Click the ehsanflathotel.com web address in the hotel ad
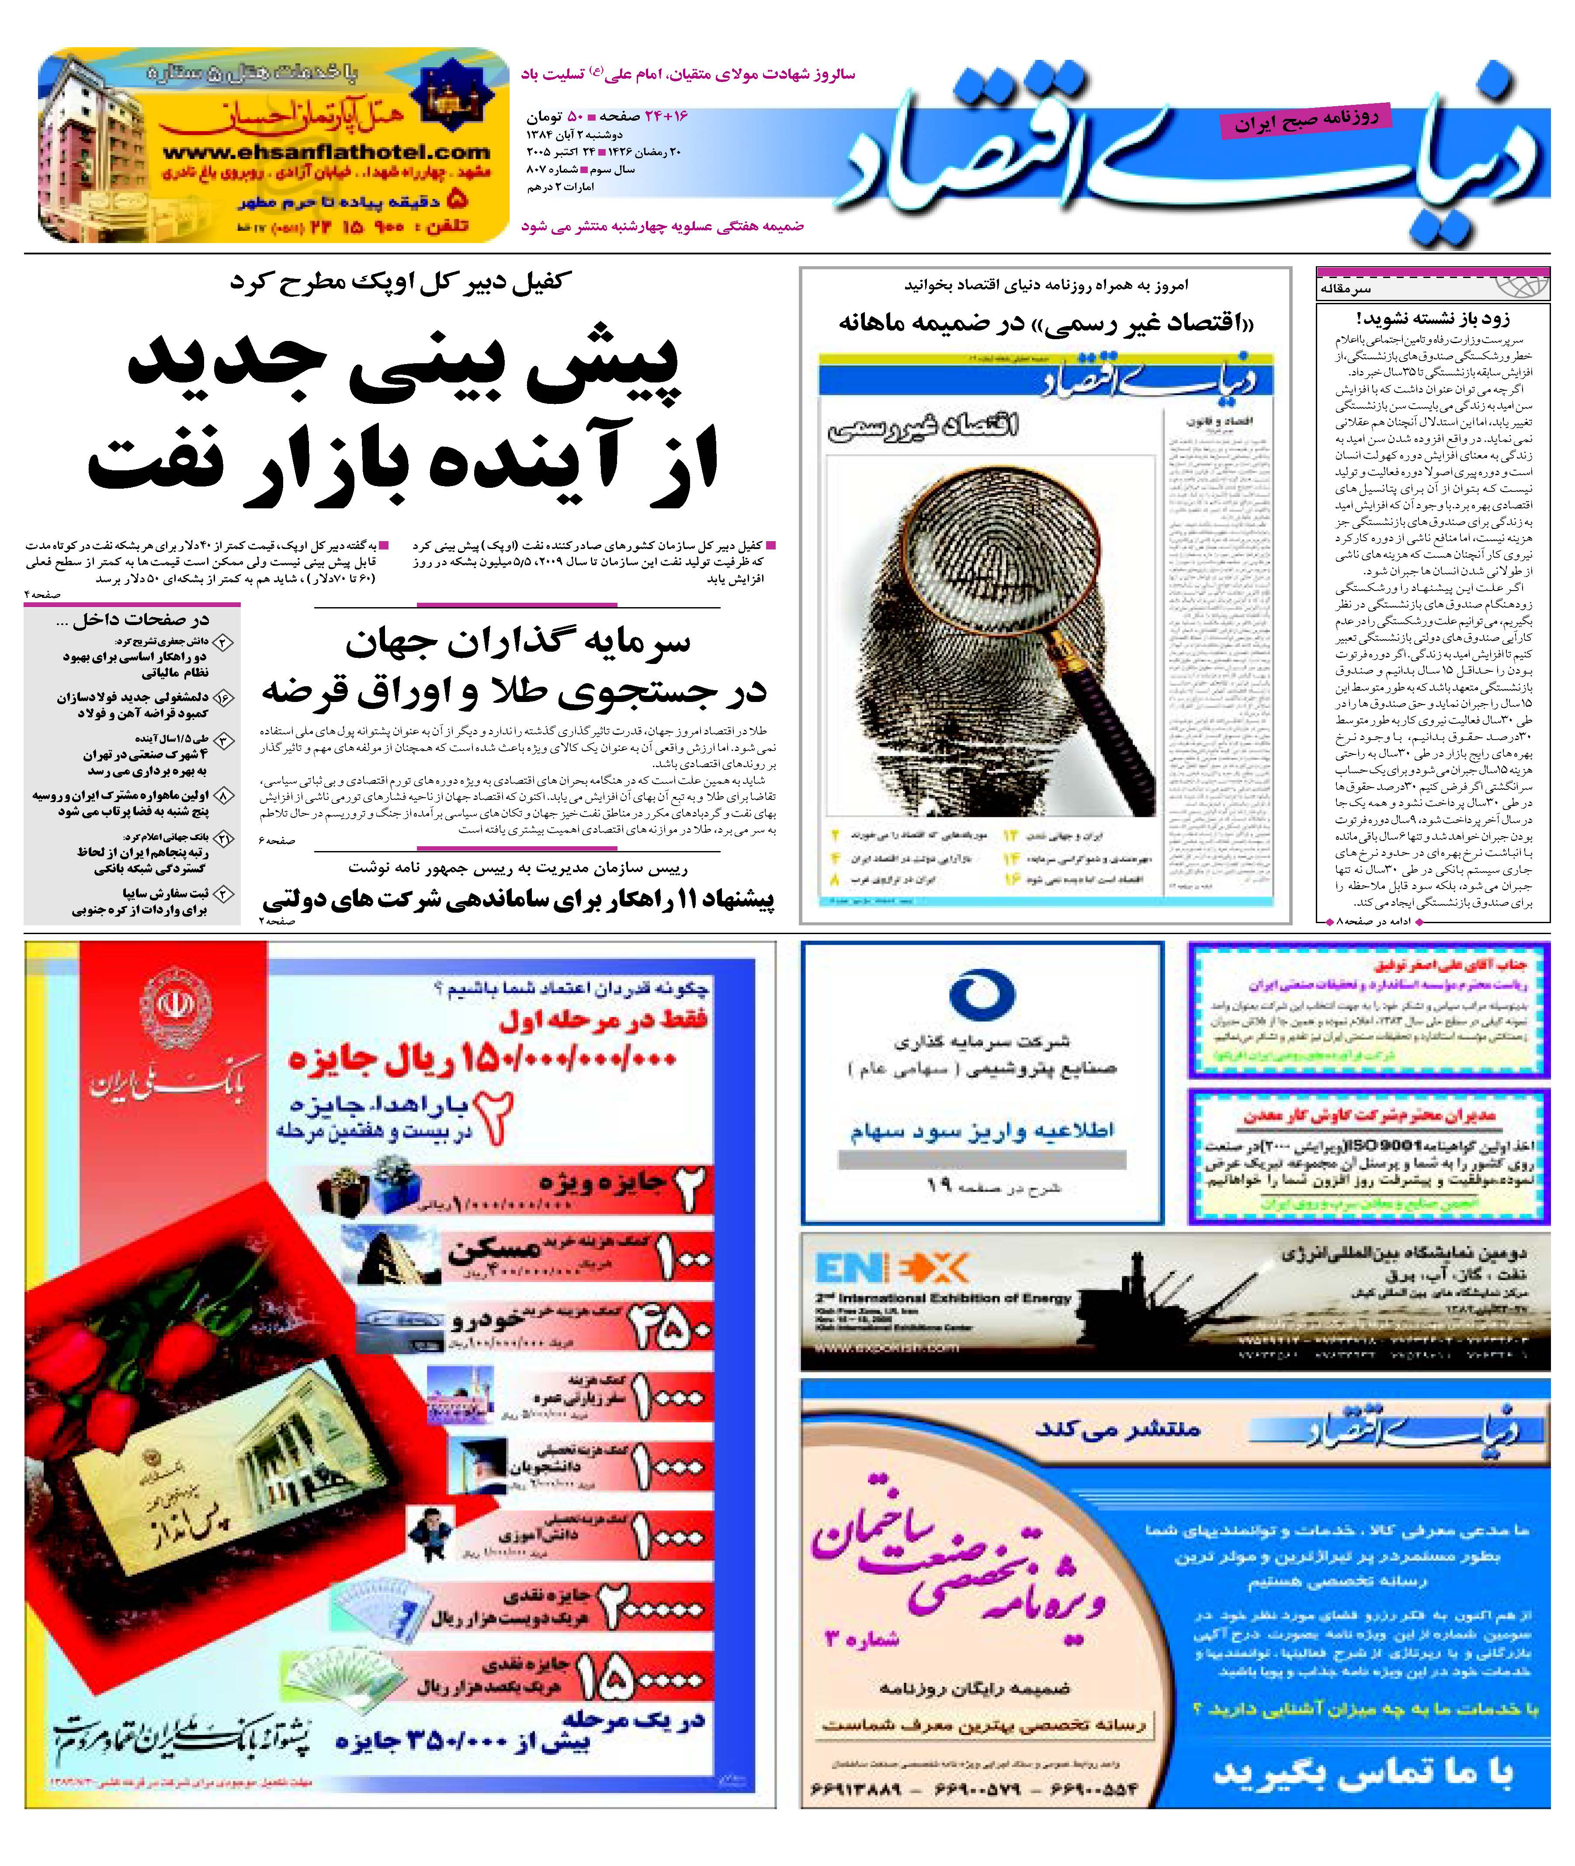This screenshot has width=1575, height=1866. click(x=326, y=153)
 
